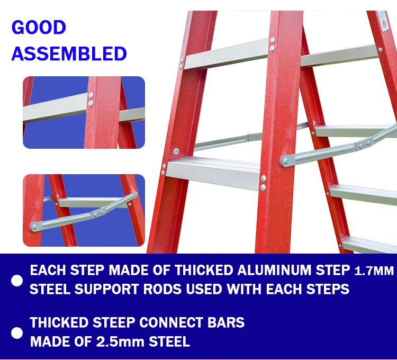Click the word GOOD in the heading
(39, 28)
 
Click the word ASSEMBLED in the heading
(69, 53)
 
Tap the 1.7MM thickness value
(374, 272)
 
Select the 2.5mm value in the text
(117, 341)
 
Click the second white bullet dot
(17, 332)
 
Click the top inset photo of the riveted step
(84, 112)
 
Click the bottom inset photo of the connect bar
(84, 210)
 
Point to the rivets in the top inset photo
(91, 100)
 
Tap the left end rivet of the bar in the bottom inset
(34, 227)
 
